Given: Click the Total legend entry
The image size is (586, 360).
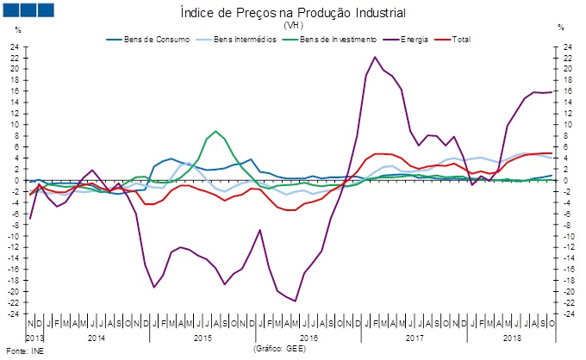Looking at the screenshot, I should point(460,39).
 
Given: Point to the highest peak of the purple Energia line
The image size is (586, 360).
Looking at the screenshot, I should point(375,57).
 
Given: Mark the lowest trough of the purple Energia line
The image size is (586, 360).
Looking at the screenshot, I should point(295,301).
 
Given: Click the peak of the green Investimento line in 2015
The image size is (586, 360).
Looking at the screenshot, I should point(215,132).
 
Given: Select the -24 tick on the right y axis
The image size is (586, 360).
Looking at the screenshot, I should point(568,313).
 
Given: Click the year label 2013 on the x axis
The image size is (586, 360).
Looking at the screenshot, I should point(34,338).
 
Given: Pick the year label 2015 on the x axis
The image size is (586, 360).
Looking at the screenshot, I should point(202,338).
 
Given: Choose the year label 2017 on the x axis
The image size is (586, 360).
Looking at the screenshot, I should point(415,338).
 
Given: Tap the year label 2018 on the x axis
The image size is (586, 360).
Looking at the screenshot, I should point(512,338).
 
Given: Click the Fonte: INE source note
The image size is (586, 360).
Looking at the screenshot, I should point(23,351).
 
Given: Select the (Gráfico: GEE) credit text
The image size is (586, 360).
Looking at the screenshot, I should point(280,349).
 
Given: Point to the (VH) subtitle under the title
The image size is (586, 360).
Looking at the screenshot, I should point(292,25).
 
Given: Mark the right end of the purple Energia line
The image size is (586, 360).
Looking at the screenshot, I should point(552,91).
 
